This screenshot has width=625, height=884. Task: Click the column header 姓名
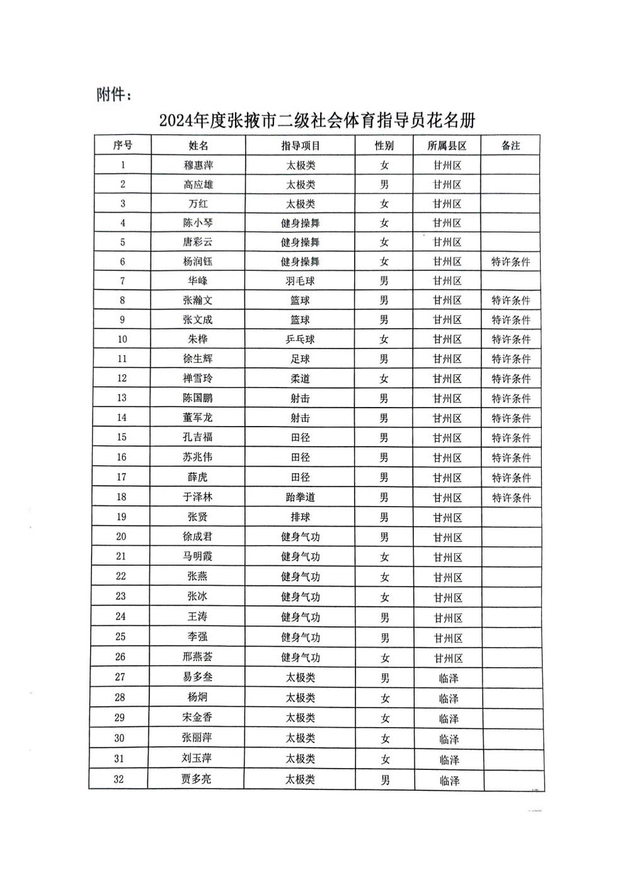[198, 146]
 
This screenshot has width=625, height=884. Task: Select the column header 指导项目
[301, 146]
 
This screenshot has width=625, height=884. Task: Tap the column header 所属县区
[447, 146]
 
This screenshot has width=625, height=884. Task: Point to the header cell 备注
[510, 146]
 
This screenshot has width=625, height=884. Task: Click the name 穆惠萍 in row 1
[198, 165]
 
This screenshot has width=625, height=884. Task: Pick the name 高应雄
[198, 185]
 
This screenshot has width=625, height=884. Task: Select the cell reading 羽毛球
[300, 281]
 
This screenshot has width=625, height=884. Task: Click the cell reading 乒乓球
[300, 339]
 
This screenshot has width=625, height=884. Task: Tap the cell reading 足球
[300, 359]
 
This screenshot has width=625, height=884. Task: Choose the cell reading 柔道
[300, 379]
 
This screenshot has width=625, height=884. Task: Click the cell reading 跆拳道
[300, 497]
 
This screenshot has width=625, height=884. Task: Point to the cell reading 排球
[300, 517]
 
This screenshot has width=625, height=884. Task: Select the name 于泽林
[198, 497]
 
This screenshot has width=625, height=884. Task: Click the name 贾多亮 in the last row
[196, 779]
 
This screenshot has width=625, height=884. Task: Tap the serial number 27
[120, 677]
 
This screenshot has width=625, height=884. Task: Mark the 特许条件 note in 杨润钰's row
[510, 261]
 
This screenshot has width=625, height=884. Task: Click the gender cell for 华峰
[384, 281]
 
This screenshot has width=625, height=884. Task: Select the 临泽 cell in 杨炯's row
[449, 698]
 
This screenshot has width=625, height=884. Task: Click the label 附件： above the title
[114, 95]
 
